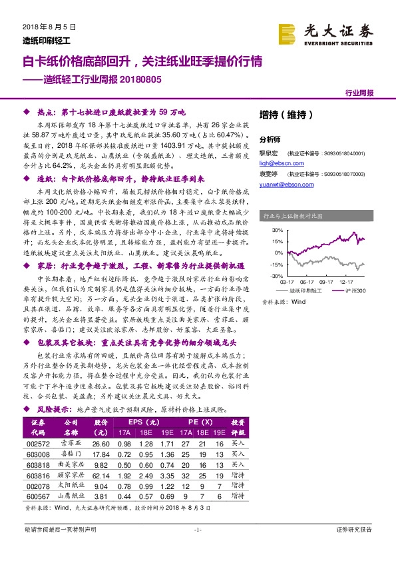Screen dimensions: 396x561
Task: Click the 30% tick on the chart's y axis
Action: (x=276, y=231)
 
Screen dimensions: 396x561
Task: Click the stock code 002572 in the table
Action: (x=38, y=444)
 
